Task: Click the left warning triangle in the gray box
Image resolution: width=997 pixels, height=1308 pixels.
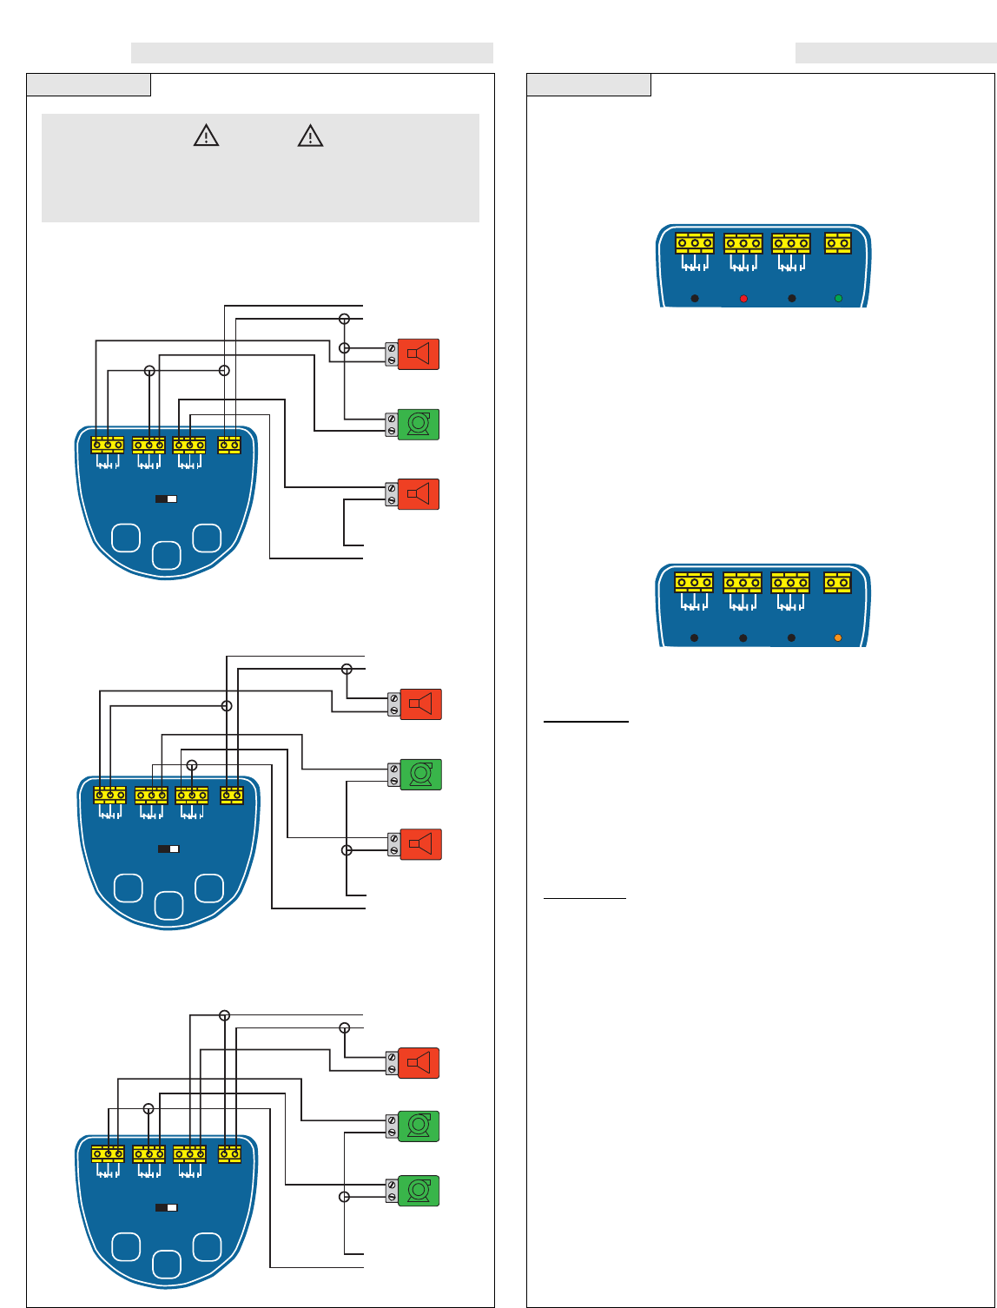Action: pos(206,135)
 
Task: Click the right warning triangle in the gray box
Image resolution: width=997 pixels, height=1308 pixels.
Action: pos(310,135)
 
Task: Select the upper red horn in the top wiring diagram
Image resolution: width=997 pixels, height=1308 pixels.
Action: pos(419,354)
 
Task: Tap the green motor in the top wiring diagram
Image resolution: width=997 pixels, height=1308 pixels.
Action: pos(419,424)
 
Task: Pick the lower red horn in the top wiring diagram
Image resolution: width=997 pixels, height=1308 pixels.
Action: pos(419,494)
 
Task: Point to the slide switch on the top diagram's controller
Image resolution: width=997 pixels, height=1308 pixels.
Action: pos(166,499)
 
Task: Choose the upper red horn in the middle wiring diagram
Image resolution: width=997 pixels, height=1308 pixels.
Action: pos(421,704)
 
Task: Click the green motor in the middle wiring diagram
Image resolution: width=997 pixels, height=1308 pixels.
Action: pos(421,775)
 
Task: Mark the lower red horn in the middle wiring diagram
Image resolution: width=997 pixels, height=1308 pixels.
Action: pos(421,844)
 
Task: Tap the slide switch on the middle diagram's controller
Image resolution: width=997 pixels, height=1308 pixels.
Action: pos(168,849)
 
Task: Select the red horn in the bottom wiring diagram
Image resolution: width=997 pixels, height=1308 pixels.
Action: pos(419,1063)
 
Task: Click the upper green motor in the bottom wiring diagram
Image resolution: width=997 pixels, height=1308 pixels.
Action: pos(419,1126)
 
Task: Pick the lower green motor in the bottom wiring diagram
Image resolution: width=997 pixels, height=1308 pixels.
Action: pos(419,1191)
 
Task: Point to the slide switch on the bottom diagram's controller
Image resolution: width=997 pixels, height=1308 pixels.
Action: pos(166,1207)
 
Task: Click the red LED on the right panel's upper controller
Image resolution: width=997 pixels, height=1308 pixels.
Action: pos(743,299)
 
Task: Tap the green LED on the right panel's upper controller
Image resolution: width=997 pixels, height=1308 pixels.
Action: pos(838,299)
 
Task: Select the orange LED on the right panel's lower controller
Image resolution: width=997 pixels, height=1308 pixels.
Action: pos(838,638)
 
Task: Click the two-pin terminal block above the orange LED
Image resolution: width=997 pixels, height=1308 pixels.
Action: pos(837,583)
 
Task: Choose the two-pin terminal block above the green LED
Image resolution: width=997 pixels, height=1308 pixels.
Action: pos(837,243)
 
